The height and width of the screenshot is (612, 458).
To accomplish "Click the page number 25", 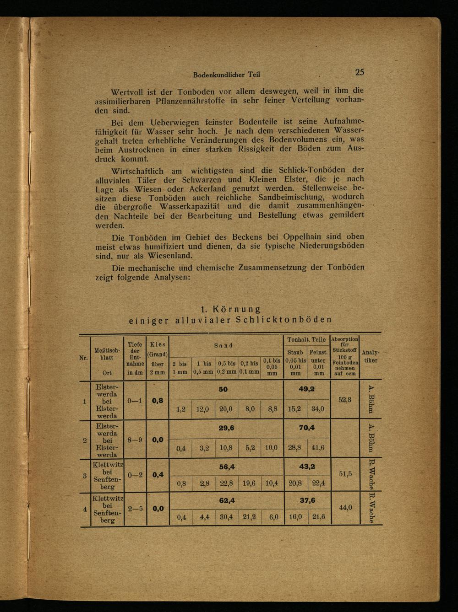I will tap(360, 72).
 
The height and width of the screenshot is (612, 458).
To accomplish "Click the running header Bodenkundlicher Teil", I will tap(227, 74).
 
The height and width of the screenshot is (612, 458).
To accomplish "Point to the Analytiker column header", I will tap(370, 356).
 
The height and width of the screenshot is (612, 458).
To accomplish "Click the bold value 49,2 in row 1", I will tap(307, 389).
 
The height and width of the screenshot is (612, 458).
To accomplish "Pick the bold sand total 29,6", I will tap(226, 429).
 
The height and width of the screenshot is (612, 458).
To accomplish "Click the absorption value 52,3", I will tap(344, 399).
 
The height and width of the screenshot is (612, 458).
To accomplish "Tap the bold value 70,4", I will tap(307, 429).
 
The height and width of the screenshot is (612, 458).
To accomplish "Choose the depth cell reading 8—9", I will tap(135, 440).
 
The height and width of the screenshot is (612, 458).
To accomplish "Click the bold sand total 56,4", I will tap(226, 467).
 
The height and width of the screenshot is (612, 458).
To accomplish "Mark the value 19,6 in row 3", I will tap(250, 483).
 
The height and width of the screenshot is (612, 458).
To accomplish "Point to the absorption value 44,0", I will tap(345, 507).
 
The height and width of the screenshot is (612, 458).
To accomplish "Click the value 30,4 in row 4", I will tap(226, 517).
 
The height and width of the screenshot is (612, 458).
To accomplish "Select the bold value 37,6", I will tap(307, 500).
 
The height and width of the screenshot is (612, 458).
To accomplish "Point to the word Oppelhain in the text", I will tap(302, 237).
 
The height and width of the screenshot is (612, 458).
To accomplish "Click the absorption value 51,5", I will tap(345, 474).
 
